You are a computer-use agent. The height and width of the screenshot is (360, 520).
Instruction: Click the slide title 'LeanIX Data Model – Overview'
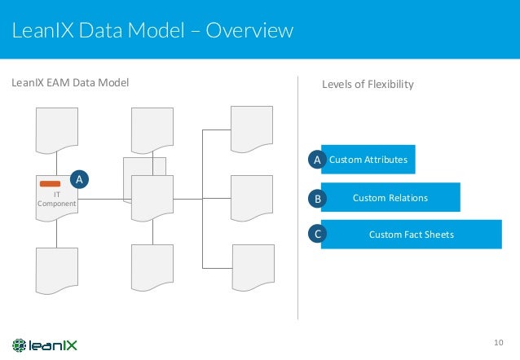152,31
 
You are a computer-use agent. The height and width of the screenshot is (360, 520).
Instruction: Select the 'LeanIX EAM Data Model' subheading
69,83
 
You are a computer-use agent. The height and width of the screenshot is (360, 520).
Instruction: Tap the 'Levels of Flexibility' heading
368,84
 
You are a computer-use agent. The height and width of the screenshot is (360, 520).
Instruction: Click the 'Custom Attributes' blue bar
368,160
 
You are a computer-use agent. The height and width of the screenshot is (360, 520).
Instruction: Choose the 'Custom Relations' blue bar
390,197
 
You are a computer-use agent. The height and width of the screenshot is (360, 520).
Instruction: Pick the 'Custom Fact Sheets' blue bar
412,235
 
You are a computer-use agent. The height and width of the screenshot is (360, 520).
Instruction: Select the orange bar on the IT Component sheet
51,184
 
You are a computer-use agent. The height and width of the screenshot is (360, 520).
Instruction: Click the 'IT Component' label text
56,200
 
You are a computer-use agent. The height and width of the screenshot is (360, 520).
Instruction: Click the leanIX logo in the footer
45,344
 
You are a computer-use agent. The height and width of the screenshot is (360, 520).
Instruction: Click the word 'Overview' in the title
249,31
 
